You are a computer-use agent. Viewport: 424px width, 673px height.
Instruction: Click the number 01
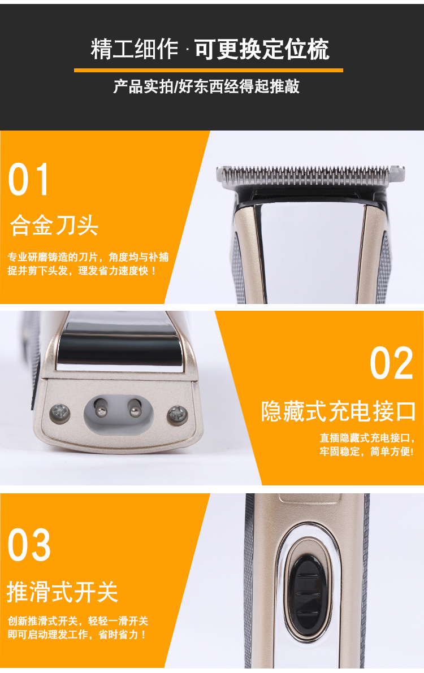[x=28, y=179]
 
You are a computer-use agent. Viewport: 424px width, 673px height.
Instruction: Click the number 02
[x=391, y=363]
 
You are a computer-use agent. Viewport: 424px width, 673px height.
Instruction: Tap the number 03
[x=29, y=545]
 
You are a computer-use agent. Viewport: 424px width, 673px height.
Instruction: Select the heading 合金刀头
[x=54, y=225]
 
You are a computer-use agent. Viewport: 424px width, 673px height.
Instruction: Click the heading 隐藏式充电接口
[x=339, y=411]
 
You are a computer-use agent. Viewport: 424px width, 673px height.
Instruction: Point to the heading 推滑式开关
[x=62, y=592]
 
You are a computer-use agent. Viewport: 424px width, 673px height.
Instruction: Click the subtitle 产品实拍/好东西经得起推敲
[x=206, y=86]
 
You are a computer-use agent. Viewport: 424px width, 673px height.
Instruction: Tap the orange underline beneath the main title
[x=209, y=71]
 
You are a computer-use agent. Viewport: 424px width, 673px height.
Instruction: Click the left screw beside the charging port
[x=60, y=413]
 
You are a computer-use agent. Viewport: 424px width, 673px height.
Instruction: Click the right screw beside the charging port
[x=177, y=415]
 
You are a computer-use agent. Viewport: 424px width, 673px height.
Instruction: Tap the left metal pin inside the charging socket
[x=101, y=408]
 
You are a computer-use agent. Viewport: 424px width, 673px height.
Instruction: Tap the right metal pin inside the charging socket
[x=135, y=408]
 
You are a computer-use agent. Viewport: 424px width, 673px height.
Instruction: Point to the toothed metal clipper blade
[x=310, y=176]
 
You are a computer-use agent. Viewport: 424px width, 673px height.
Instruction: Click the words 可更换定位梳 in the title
[x=262, y=49]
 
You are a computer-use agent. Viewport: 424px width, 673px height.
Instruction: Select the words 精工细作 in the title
[x=135, y=49]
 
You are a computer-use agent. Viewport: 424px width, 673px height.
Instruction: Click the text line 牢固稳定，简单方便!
[x=366, y=451]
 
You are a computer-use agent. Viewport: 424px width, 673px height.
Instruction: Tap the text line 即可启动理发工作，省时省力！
[x=77, y=635]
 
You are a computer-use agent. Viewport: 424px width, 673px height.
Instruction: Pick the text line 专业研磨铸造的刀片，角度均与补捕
[x=88, y=257]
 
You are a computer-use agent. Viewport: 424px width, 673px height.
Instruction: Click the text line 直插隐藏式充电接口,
[x=367, y=438]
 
